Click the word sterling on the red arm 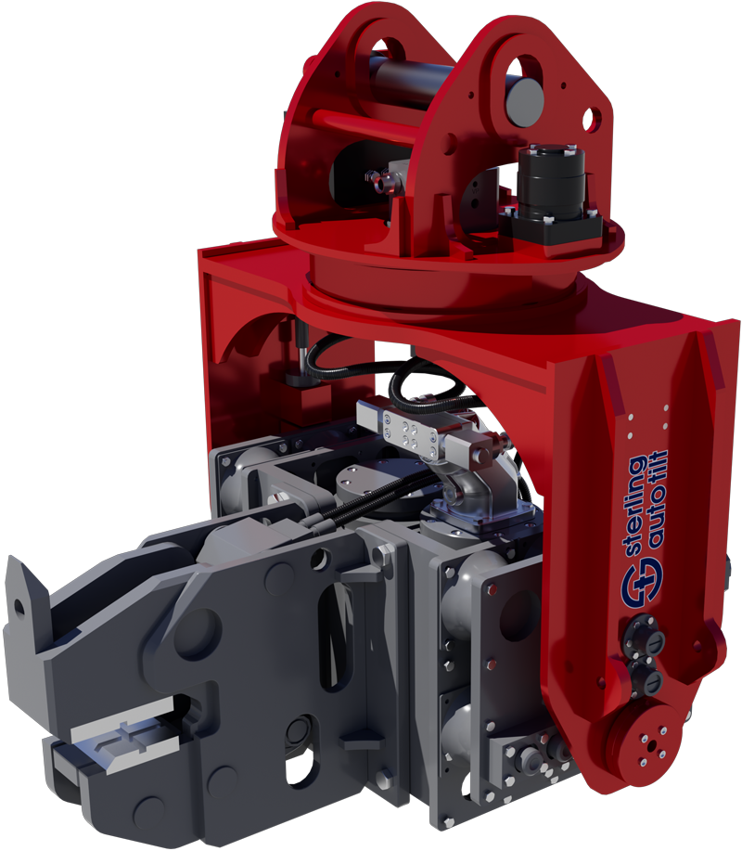point(634,505)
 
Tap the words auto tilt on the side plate point(658,499)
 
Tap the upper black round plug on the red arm point(646,634)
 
